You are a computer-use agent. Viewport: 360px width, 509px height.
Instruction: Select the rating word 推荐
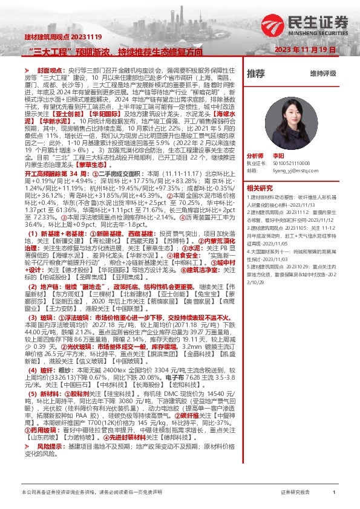(256, 74)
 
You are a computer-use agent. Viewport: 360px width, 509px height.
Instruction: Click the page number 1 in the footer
(334, 493)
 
